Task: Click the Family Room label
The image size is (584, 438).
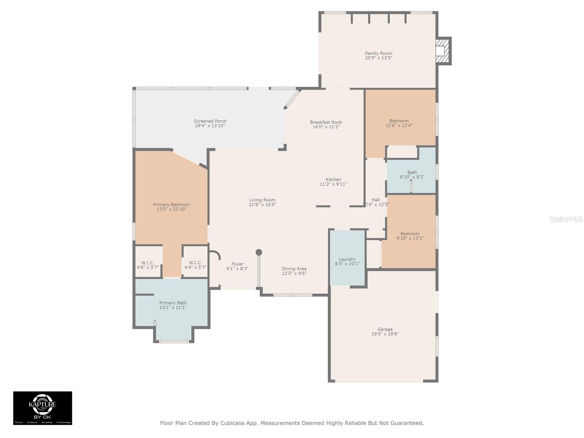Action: click(379, 53)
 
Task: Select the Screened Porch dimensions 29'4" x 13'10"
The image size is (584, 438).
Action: click(210, 126)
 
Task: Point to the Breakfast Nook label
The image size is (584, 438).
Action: click(326, 122)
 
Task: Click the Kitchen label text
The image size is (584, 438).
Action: click(333, 180)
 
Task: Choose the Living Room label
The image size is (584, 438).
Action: click(262, 200)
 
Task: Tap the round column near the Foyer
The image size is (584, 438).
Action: click(259, 252)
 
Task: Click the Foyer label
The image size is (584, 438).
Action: click(237, 264)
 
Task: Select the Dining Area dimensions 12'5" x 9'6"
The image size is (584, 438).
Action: click(294, 273)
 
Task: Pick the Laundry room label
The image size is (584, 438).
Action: click(347, 259)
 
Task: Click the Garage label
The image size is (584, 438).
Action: click(385, 329)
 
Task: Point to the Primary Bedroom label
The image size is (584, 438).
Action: click(171, 205)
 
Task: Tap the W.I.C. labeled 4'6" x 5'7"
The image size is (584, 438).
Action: click(148, 265)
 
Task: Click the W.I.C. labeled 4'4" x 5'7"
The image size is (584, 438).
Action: click(195, 265)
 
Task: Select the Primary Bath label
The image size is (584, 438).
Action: click(173, 303)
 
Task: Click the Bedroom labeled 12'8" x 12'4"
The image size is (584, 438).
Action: click(399, 123)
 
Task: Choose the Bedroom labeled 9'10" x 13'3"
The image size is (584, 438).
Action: click(410, 236)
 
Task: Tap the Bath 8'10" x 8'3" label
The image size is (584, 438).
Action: click(412, 175)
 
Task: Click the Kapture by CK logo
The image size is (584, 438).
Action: click(43, 408)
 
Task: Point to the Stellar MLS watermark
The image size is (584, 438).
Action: click(566, 219)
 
